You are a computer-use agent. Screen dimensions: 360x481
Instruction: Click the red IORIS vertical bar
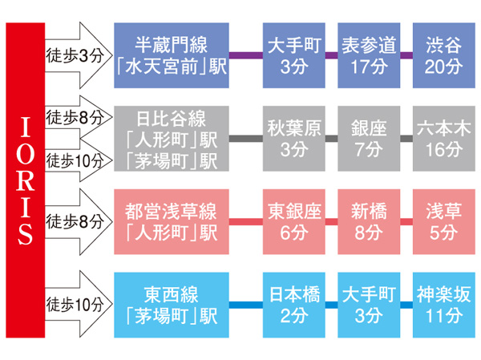coord(25,180)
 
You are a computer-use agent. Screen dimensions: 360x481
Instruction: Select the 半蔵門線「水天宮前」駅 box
coord(172,55)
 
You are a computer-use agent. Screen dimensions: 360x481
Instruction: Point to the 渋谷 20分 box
coord(442,55)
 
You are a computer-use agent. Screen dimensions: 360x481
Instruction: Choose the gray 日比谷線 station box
coord(172,138)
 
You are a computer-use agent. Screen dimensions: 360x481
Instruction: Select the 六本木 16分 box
coord(442,138)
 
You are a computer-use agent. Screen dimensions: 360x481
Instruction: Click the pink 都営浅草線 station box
coord(172,222)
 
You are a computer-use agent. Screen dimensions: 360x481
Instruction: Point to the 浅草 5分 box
coord(442,222)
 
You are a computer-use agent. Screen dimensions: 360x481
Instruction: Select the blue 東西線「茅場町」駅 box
coord(172,305)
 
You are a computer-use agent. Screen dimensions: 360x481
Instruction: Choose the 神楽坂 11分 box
coord(442,305)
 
